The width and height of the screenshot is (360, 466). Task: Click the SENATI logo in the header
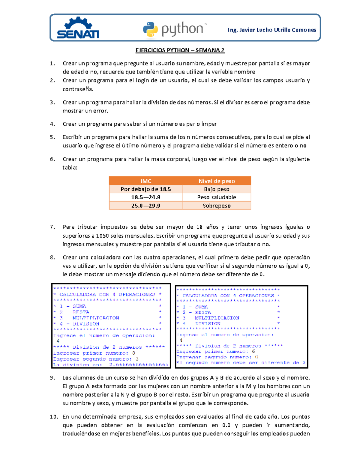click(78, 28)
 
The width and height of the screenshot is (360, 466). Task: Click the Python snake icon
click(150, 29)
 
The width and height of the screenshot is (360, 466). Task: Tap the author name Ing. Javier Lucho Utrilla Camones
click(272, 30)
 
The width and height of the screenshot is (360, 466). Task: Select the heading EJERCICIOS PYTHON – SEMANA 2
click(180, 50)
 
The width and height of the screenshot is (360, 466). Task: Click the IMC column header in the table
click(146, 181)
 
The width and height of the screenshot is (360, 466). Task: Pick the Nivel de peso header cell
click(217, 181)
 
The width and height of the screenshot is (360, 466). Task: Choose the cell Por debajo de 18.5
click(146, 189)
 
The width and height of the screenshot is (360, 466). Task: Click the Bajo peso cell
click(217, 189)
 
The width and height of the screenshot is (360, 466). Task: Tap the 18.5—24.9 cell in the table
click(146, 197)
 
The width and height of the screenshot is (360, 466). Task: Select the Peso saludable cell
click(217, 197)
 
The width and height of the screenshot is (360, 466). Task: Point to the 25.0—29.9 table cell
click(146, 206)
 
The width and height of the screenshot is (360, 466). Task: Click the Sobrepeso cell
click(217, 206)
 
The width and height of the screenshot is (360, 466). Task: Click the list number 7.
click(52, 227)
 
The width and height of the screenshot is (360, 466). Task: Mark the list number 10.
click(54, 416)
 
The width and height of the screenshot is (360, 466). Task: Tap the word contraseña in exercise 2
click(78, 89)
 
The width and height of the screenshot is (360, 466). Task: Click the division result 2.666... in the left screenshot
click(139, 365)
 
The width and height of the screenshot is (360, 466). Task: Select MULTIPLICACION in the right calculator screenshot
click(217, 318)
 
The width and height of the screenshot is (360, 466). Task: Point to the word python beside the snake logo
click(182, 29)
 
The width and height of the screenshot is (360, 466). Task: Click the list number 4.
click(52, 124)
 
